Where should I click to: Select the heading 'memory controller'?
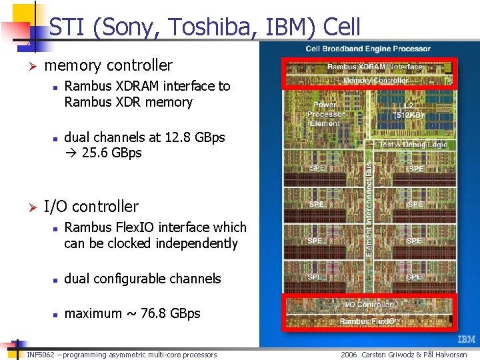coord(108,65)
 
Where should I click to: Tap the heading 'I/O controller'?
coord(91,207)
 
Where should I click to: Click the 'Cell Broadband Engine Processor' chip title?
coord(368,49)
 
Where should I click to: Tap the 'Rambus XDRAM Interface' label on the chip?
coord(375,67)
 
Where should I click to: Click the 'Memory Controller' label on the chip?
coord(375,81)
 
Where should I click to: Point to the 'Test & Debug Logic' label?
coord(413,145)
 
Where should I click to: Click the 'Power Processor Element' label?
coord(325,113)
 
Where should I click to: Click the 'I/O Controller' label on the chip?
coord(369,305)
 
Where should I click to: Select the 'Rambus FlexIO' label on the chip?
coord(368,321)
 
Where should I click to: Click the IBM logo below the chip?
coord(466,339)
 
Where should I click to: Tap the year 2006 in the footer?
coord(349,355)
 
